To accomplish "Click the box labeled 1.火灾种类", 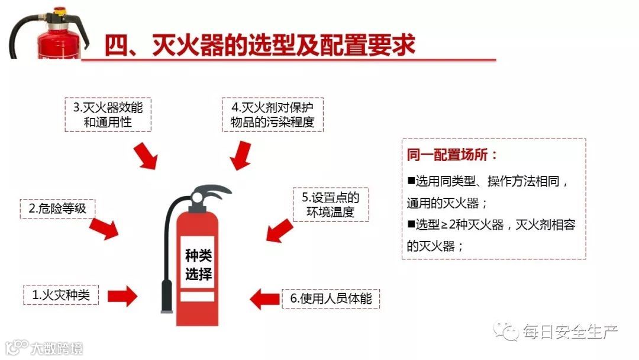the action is click(62, 294).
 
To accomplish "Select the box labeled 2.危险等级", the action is click(57, 208).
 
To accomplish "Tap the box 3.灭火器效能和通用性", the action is click(108, 115).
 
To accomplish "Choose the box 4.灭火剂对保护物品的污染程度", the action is click(273, 115).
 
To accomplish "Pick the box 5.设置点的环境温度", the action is click(331, 205).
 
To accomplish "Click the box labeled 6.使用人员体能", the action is click(331, 298).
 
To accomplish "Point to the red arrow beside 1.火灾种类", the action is click(122, 295).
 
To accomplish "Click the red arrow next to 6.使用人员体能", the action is click(263, 298).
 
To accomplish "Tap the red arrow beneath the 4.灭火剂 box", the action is click(240, 155).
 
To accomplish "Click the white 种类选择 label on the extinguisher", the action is click(198, 265).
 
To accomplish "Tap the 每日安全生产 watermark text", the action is click(570, 332).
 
